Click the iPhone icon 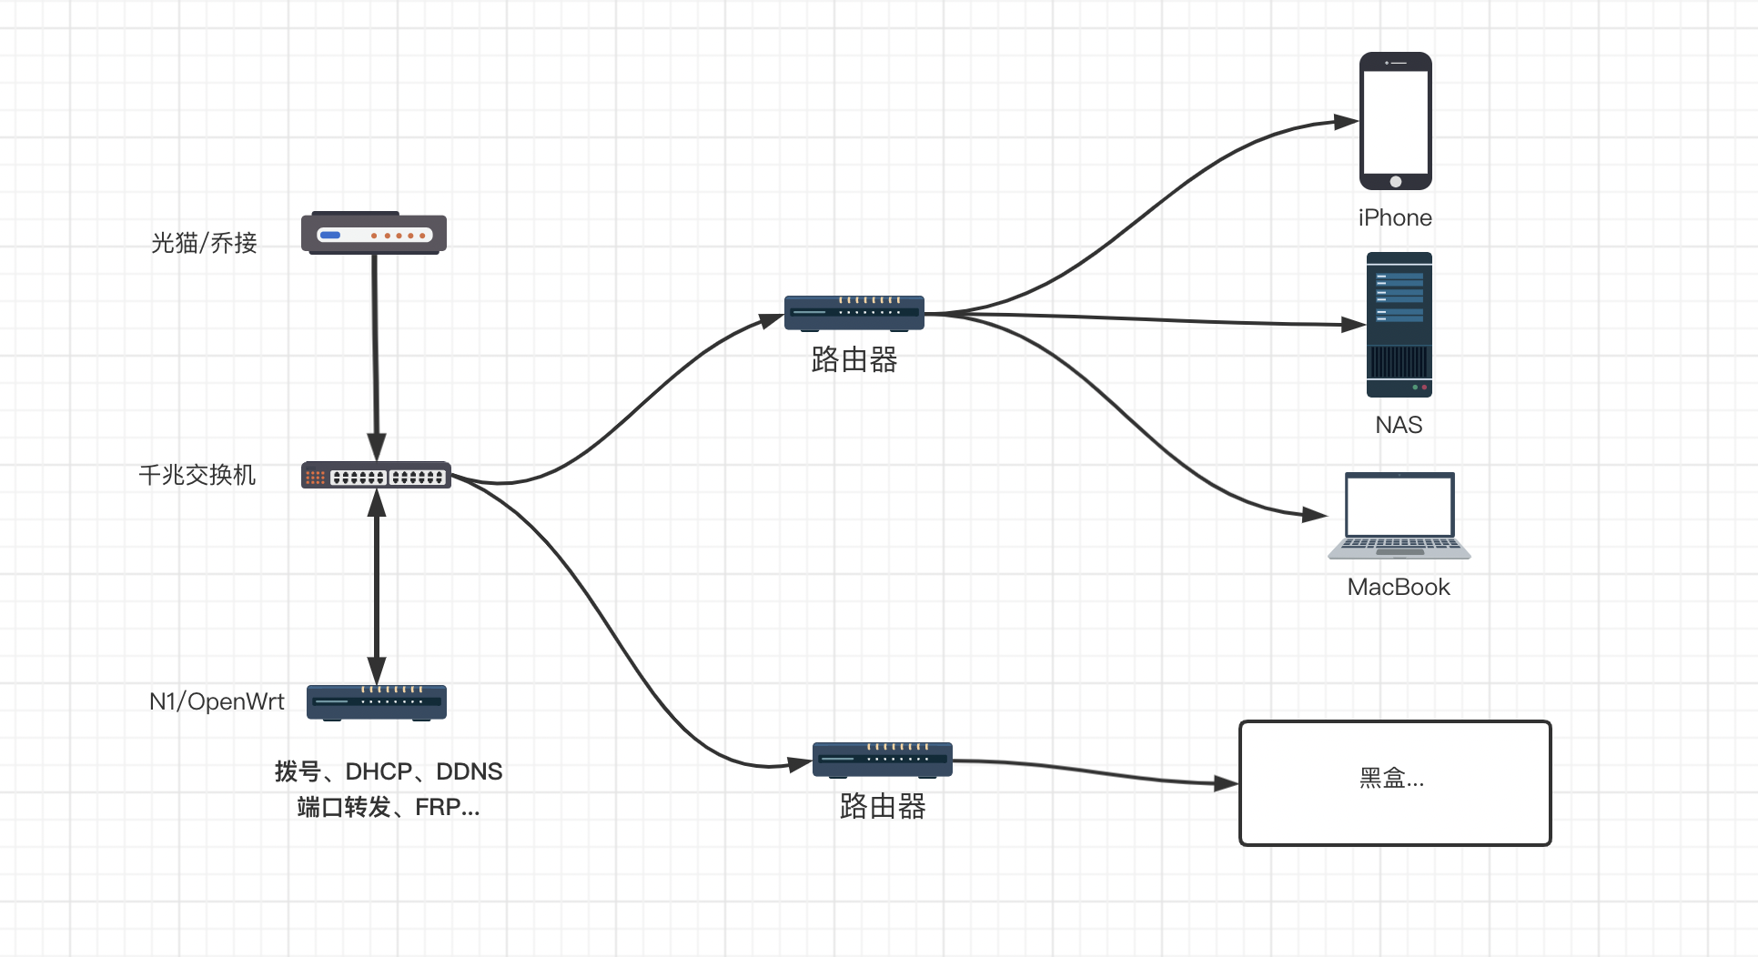tap(1395, 120)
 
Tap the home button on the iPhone tap(1396, 181)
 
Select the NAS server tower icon tap(1399, 325)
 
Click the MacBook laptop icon tap(1399, 515)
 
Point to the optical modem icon tap(374, 234)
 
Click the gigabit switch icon tap(376, 476)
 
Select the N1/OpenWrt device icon tap(377, 702)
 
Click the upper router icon tap(854, 313)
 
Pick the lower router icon tap(882, 760)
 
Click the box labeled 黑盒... tap(1395, 783)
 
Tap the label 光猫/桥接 tap(204, 243)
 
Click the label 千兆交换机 tap(197, 475)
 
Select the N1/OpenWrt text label tap(217, 701)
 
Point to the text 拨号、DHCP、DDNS tap(389, 771)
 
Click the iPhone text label tap(1395, 218)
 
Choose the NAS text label tap(1399, 425)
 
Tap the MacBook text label tap(1399, 587)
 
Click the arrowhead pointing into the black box tap(1226, 783)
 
